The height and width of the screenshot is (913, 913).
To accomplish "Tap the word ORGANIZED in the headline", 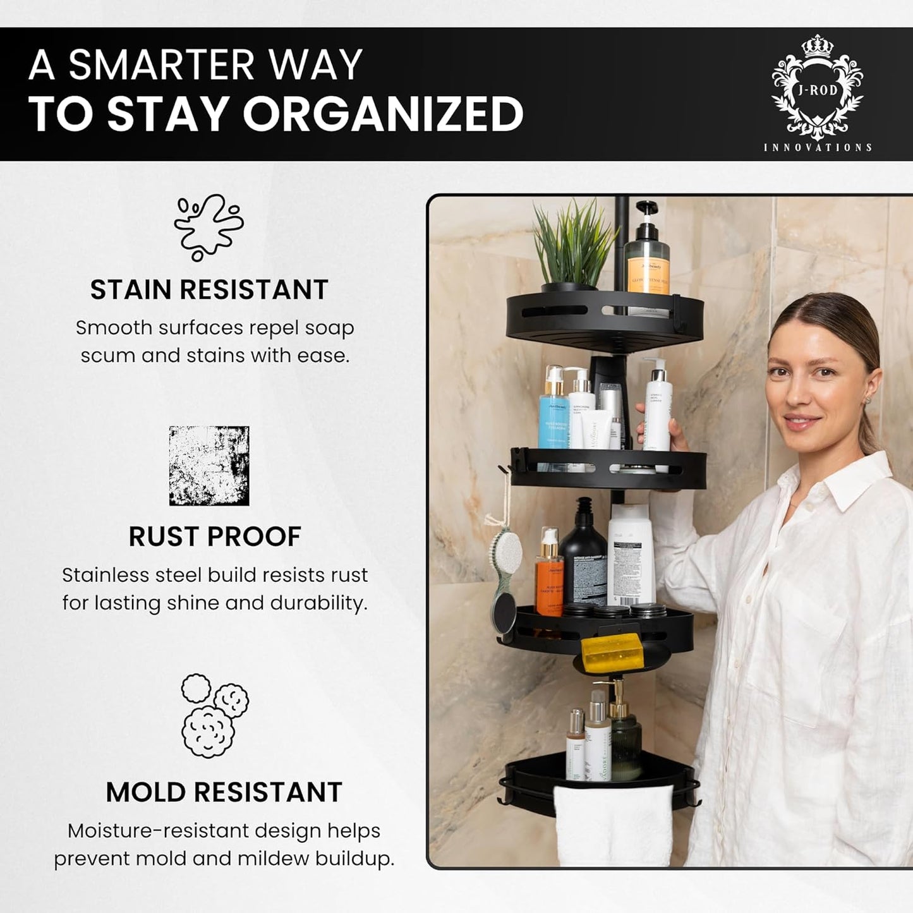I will coord(383,115).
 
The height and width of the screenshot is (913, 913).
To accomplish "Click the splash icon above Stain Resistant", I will coord(209,227).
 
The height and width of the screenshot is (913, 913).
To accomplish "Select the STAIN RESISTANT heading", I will coord(209,290).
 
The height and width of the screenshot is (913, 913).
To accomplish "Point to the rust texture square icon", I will coord(209,466).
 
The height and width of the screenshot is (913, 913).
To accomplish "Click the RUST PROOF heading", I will coord(215,537).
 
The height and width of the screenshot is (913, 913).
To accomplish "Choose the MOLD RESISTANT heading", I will coord(224,792).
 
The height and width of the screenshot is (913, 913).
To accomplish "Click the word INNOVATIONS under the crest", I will coord(818,147).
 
